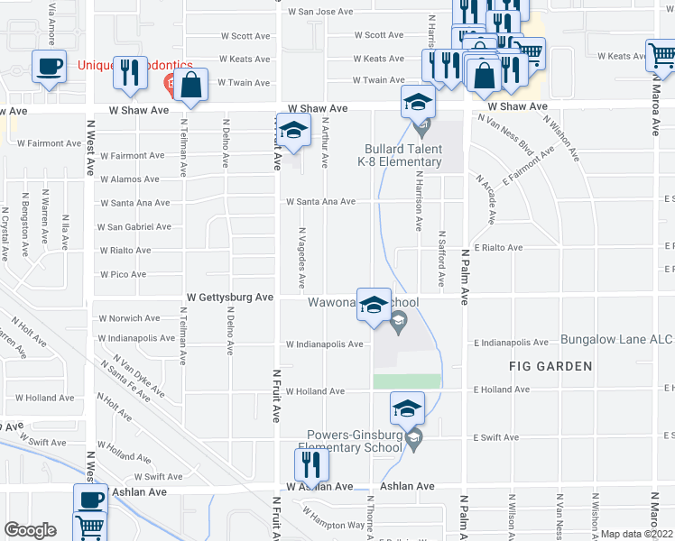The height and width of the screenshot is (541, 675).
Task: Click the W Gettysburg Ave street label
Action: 229,297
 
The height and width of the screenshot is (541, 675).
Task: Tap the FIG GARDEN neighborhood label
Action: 550,366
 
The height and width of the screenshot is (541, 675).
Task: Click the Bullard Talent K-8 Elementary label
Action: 402,155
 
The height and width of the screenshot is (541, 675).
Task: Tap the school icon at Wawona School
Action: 374,305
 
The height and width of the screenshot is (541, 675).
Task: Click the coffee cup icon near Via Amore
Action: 48,66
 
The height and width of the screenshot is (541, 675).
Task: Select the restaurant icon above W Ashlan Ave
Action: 311,464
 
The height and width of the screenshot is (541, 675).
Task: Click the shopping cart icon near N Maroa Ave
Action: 662,55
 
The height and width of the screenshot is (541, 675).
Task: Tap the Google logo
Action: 30,530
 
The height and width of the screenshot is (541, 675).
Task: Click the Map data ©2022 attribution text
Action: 637,534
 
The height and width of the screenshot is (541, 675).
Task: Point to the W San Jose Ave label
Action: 319,12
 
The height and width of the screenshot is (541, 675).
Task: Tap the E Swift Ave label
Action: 495,438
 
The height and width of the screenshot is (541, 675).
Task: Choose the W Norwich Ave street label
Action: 129,318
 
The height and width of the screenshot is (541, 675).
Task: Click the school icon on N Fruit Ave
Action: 293,131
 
